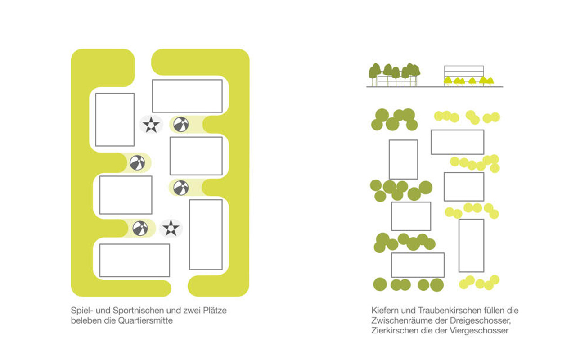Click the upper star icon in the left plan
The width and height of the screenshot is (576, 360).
point(151,124)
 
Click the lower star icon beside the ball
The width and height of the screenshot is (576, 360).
point(171,228)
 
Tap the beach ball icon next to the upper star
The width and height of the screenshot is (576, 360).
point(181,124)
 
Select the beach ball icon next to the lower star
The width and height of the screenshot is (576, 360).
point(140,228)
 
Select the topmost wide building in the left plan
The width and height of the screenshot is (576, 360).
point(187,96)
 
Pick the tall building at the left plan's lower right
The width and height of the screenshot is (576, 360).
point(206,234)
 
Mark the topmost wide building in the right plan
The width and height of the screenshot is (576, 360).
point(457,142)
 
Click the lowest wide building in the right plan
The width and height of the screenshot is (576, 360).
point(418,265)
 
